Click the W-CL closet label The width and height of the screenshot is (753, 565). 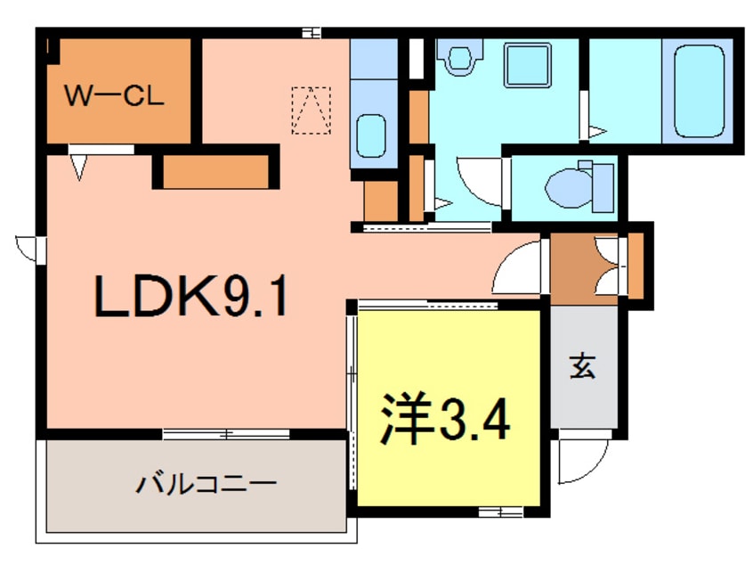tap(114, 95)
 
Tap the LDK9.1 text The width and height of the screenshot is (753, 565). tap(191, 295)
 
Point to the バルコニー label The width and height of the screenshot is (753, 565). tap(206, 482)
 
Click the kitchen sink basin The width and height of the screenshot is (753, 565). tap(371, 136)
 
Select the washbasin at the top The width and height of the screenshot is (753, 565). tap(460, 57)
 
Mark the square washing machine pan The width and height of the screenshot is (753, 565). tap(527, 65)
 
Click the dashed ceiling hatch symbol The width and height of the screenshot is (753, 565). tap(312, 111)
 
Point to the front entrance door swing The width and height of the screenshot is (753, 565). tap(581, 458)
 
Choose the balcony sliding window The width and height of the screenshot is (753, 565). tap(226, 434)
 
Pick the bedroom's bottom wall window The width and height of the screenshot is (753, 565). tap(500, 512)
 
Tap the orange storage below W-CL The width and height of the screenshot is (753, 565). tap(215, 172)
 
